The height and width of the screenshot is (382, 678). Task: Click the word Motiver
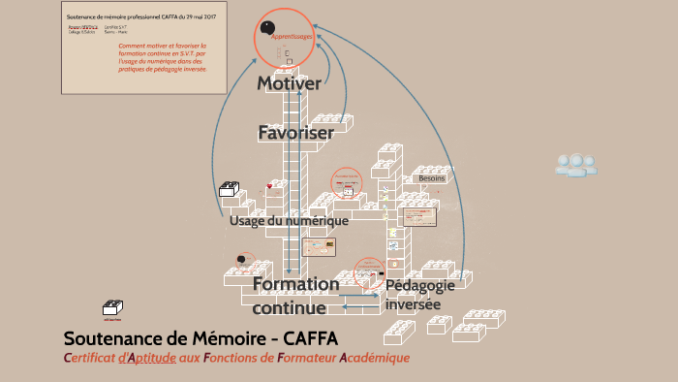pyautogui.click(x=289, y=84)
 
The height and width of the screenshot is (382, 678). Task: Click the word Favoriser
pyautogui.click(x=295, y=132)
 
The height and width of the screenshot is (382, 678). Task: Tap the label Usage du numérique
pyautogui.click(x=289, y=221)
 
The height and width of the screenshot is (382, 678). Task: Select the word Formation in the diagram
pyautogui.click(x=295, y=284)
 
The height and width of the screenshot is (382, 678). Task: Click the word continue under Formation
pyautogui.click(x=289, y=308)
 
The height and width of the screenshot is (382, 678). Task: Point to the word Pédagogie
pyautogui.click(x=420, y=286)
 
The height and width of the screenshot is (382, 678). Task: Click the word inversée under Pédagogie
pyautogui.click(x=413, y=304)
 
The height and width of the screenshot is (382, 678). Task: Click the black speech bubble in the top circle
pyautogui.click(x=267, y=28)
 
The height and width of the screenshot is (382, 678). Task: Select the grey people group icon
pyautogui.click(x=575, y=164)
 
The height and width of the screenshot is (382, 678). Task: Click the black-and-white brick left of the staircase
pyautogui.click(x=230, y=189)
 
